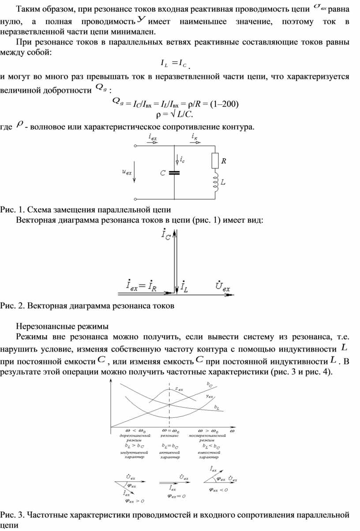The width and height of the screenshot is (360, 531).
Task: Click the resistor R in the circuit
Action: (x=215, y=161)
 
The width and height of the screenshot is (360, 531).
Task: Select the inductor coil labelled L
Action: (x=216, y=183)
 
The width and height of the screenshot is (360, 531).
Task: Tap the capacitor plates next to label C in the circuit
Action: (x=175, y=173)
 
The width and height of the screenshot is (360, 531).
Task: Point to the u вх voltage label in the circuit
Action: (x=127, y=172)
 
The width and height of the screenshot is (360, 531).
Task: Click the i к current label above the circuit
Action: (x=195, y=138)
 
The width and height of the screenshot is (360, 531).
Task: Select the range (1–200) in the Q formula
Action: (x=224, y=105)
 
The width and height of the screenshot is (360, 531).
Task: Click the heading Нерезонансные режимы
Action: (x=62, y=327)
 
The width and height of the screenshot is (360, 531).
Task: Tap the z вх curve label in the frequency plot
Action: (x=179, y=389)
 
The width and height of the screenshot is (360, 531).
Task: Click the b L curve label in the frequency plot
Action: (x=217, y=407)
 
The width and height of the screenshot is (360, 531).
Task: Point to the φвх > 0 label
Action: (x=135, y=501)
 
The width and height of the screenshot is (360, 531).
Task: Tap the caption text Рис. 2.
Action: (x=11, y=305)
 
